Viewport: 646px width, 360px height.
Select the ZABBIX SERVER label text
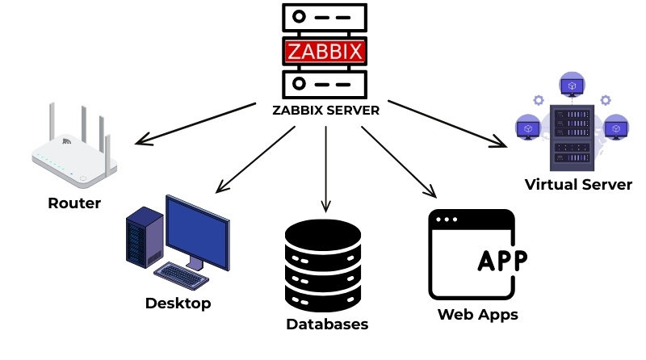[325, 110]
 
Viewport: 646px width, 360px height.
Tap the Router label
[74, 203]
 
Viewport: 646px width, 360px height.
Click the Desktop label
[178, 303]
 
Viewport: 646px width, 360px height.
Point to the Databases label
[327, 324]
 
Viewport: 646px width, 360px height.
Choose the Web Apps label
[477, 314]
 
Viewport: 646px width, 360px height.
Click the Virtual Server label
[578, 185]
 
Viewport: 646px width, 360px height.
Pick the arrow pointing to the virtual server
[448, 123]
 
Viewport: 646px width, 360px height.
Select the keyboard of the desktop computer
[179, 275]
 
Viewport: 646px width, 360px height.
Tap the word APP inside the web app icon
[502, 261]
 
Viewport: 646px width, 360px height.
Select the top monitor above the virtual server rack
[571, 84]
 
